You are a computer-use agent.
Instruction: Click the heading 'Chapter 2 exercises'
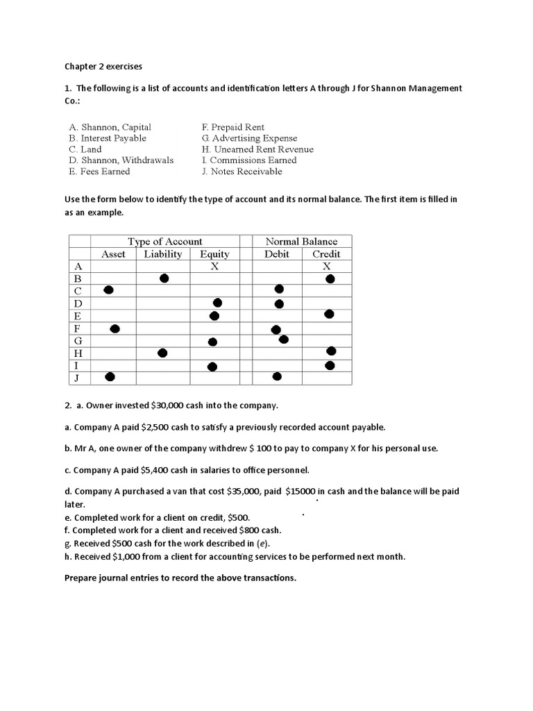click(x=103, y=67)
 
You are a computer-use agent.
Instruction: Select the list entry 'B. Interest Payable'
click(x=108, y=138)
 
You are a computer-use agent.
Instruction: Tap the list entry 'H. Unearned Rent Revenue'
click(x=257, y=149)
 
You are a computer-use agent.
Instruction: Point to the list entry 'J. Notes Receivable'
click(x=242, y=171)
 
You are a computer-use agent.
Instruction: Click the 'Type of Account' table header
click(x=164, y=242)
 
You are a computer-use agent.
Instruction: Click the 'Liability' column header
click(x=162, y=254)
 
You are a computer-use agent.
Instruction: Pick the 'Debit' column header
click(x=277, y=254)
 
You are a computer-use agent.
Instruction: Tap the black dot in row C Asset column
click(x=108, y=290)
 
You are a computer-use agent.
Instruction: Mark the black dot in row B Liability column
click(x=164, y=278)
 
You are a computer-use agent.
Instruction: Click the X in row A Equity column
click(x=214, y=266)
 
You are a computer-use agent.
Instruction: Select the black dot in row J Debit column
click(x=277, y=376)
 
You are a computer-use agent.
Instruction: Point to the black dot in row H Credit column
click(x=331, y=351)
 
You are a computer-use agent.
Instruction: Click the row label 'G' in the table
click(x=78, y=341)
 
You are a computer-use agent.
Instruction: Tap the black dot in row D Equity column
click(x=217, y=303)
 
